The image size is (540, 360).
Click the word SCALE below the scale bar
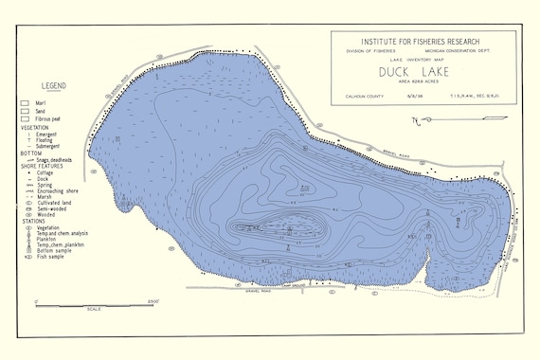94,309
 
